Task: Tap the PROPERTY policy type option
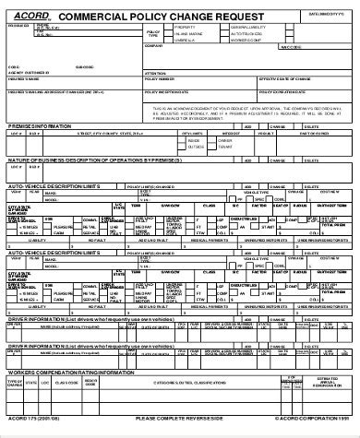[x=185, y=28]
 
